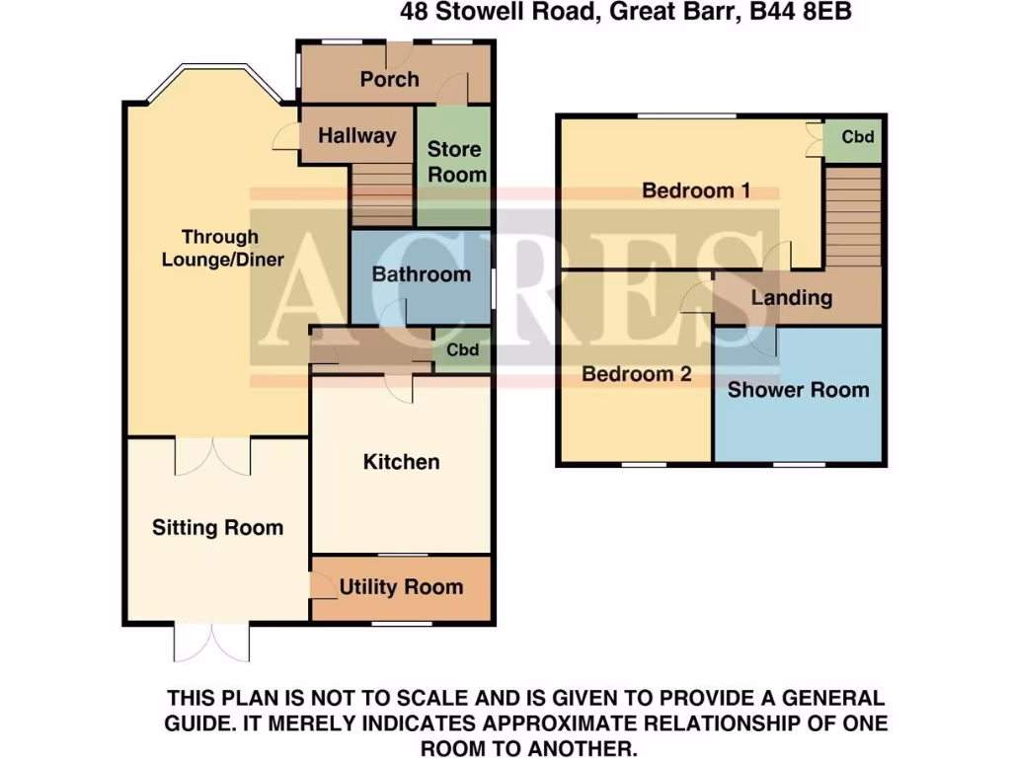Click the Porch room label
pos(389,79)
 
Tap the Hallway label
pos(356,136)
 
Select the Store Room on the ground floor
pos(455,163)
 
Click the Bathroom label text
pos(421,274)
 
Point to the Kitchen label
pos(401,462)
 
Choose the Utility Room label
pos(401,588)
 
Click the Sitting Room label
pos(217,528)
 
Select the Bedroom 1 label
pos(696,190)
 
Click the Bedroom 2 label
pos(636,375)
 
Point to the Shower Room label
pos(798,390)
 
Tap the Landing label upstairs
pos(791,297)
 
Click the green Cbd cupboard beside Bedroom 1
pos(857,137)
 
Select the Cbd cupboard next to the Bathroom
pos(462,350)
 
